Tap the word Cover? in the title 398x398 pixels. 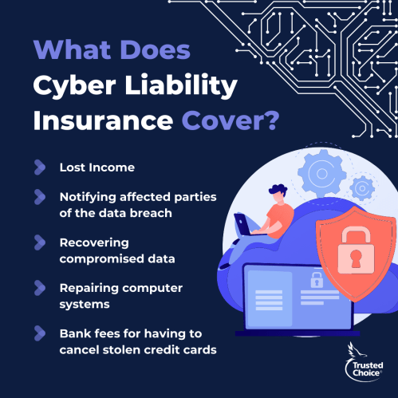click(231, 120)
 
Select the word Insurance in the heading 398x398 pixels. click(103, 120)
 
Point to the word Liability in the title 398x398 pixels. click(181, 85)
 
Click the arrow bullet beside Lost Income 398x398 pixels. click(40, 167)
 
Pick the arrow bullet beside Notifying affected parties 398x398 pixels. click(40, 197)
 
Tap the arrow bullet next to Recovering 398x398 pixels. click(40, 242)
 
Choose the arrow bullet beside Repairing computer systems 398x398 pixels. click(40, 288)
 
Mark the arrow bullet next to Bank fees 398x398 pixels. click(40, 333)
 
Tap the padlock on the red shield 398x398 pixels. click(356, 250)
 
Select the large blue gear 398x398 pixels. click(322, 173)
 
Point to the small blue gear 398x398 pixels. click(362, 188)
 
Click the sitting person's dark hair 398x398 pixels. click(278, 190)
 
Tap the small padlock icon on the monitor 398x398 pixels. click(317, 280)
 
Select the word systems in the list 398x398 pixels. click(85, 305)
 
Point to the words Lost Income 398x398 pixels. click(97, 167)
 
